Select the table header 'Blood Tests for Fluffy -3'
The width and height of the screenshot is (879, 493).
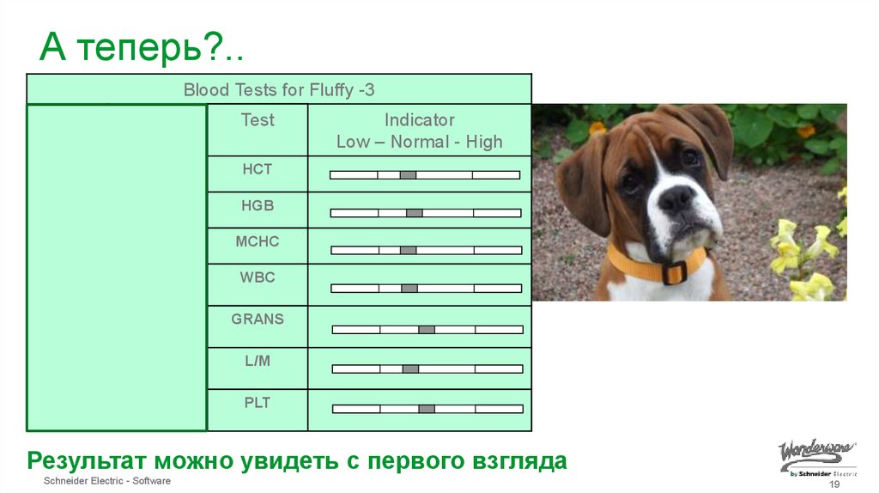pos(279,90)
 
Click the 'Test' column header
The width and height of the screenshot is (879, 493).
pos(258,120)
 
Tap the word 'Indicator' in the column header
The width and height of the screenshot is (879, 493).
pos(419,120)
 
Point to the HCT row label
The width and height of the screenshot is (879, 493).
pos(258,169)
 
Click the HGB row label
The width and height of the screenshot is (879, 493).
pos(258,205)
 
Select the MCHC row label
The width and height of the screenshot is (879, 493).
pos(258,241)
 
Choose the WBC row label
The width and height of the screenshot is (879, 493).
pos(258,277)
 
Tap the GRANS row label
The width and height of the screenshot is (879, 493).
pos(258,319)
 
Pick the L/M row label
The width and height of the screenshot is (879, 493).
pos(258,361)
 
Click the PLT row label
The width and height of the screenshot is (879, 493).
pos(258,401)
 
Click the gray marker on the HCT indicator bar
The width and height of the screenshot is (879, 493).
pos(408,175)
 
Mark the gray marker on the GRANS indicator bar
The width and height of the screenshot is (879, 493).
pos(427,330)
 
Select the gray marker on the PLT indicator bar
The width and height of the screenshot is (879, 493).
pos(427,409)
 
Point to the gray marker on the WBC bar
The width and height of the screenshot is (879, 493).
pos(409,289)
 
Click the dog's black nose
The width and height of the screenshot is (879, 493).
pos(676,201)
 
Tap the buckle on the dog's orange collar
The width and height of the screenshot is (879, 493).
pos(675,271)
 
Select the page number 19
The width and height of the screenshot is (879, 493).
pos(833,485)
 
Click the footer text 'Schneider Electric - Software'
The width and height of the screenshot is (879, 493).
pos(107,481)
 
